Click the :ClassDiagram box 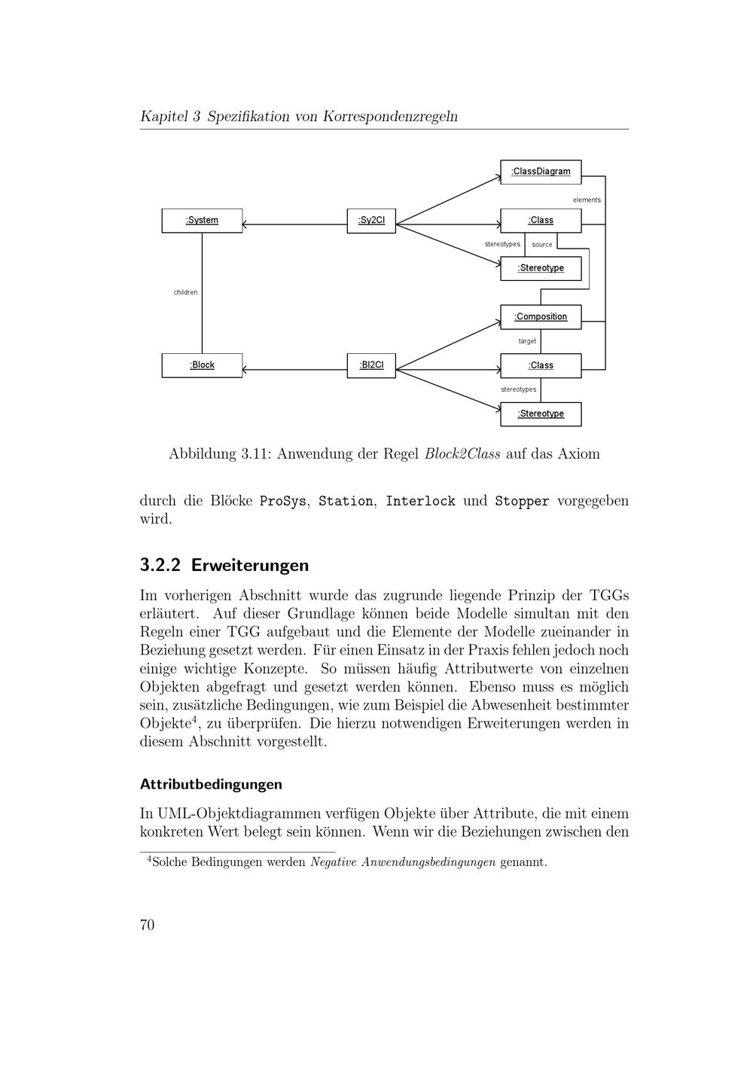541,172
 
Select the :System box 202,221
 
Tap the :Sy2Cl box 371,221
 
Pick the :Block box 202,365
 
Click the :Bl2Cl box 371,365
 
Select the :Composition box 541,317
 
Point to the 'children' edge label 185,292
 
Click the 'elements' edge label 587,200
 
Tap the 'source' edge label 541,245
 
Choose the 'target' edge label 527,341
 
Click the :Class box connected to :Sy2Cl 541,221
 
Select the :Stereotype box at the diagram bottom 541,414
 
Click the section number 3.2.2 160,565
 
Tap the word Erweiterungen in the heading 250,565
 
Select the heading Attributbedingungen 211,784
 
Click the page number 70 147,925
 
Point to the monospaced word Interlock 420,502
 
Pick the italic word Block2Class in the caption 462,454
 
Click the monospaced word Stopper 522,502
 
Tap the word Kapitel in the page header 163,117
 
